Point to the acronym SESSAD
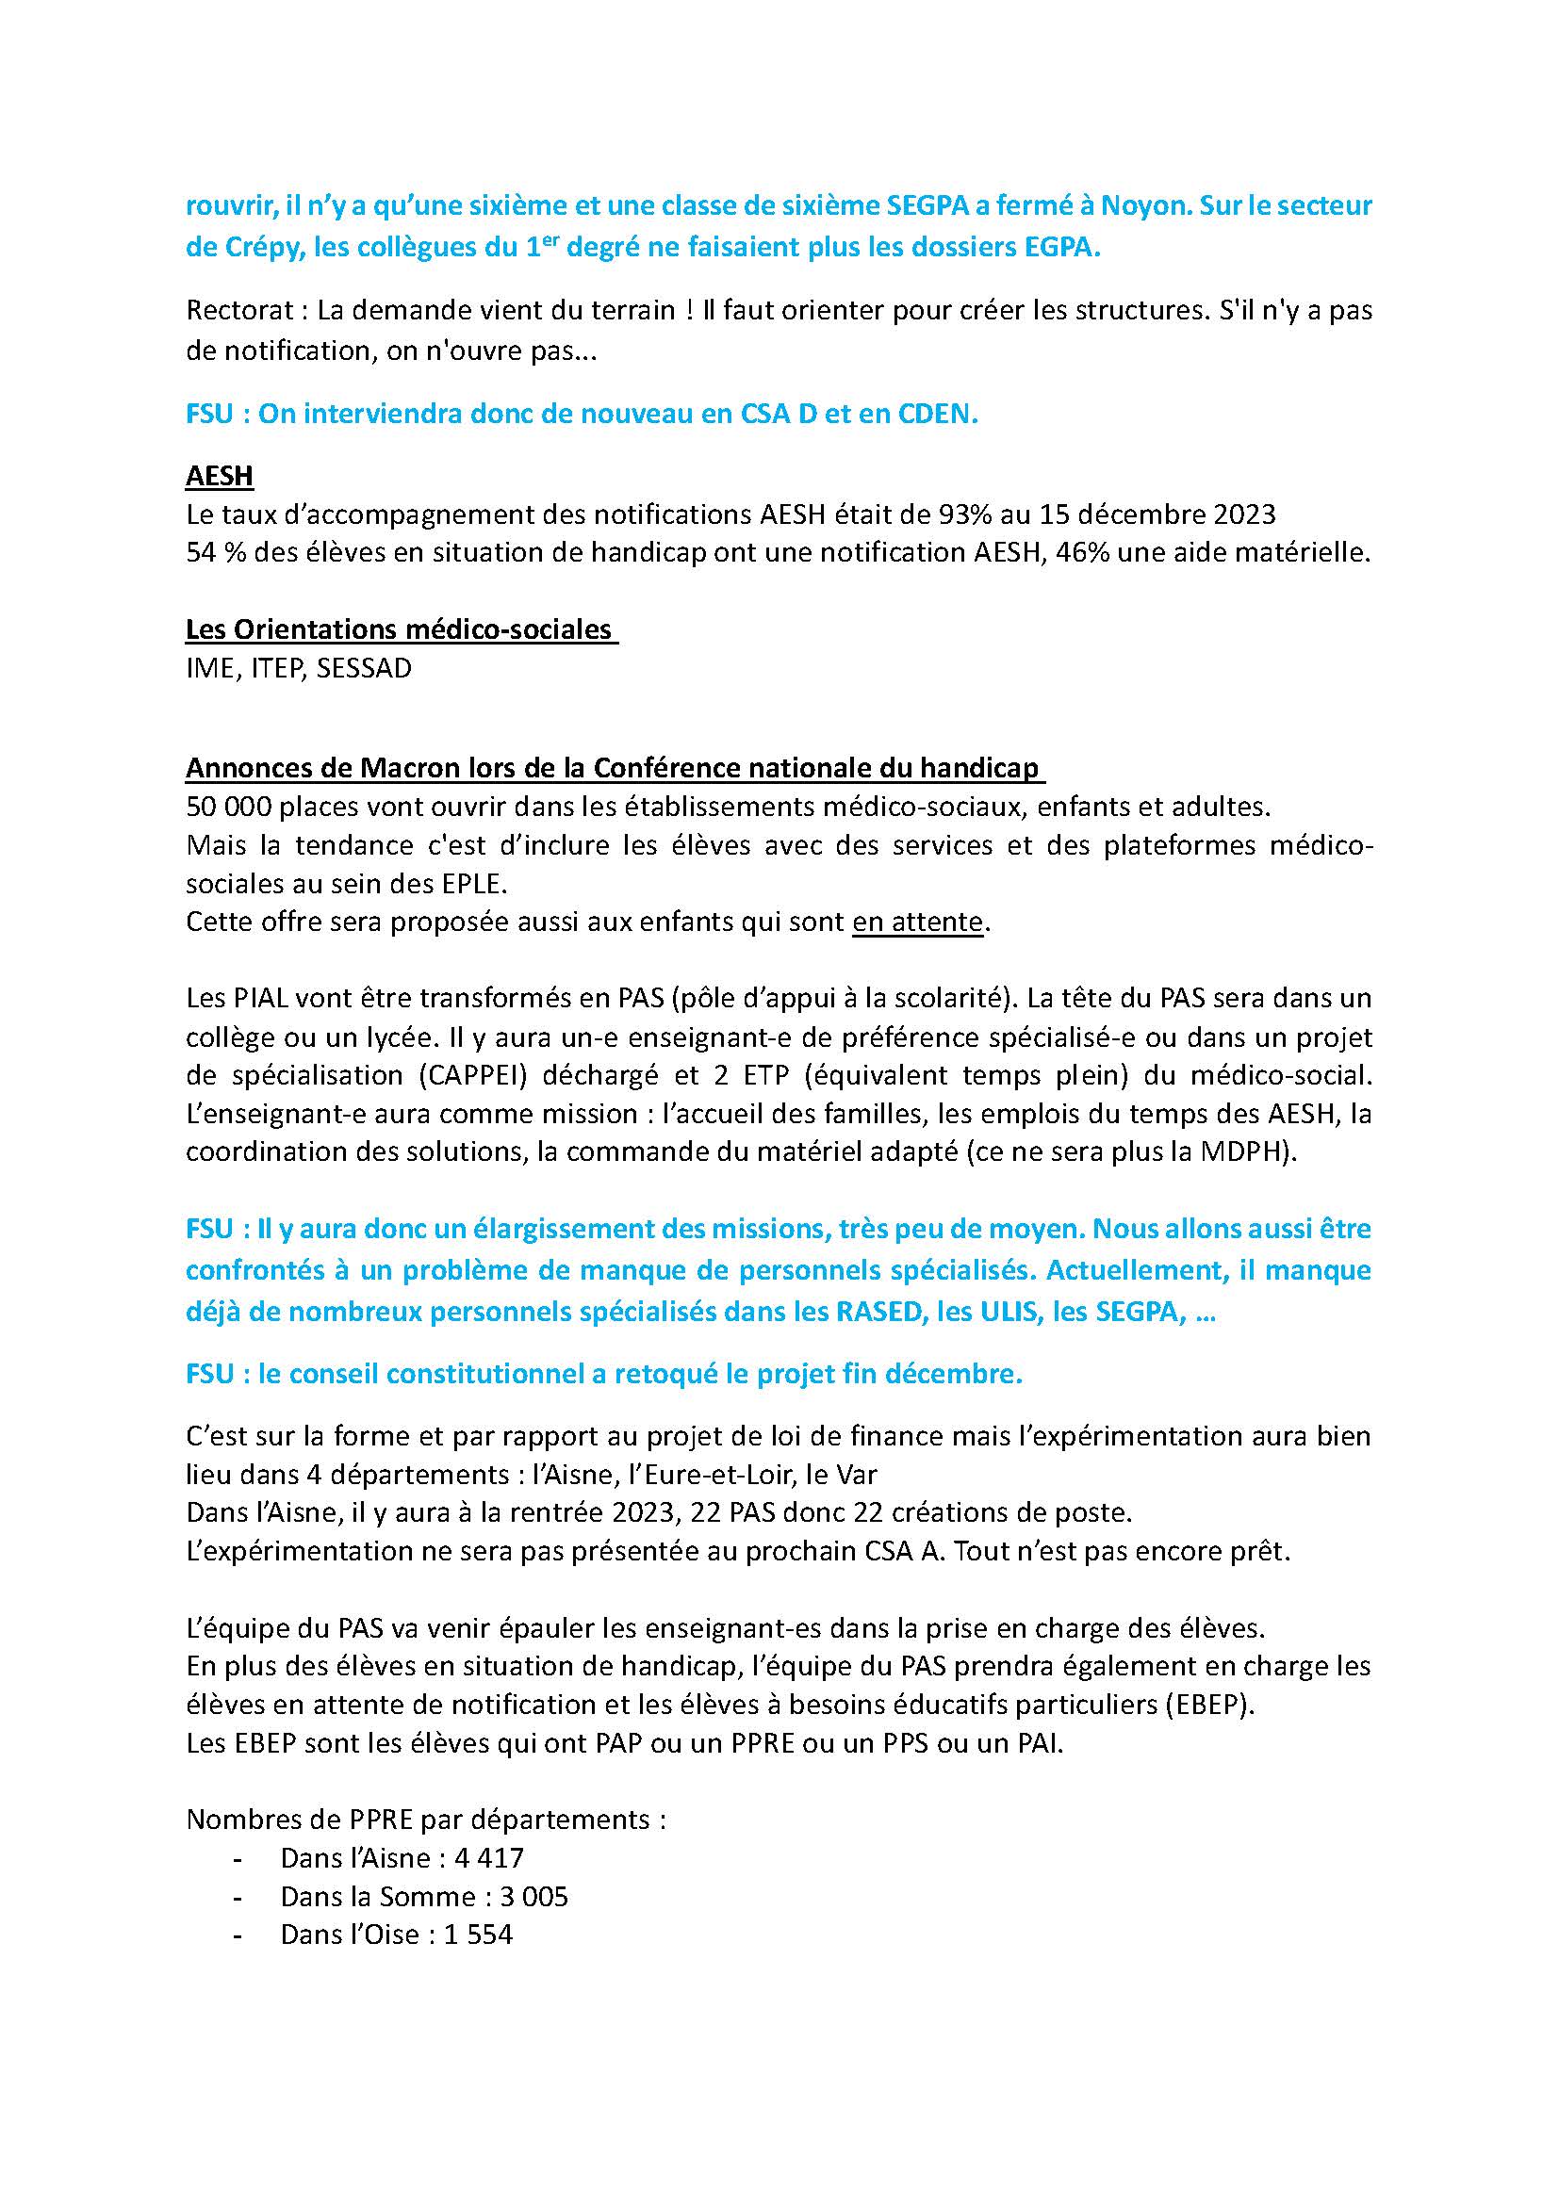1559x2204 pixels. tap(364, 668)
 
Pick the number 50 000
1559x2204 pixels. tap(225, 807)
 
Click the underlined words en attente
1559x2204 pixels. tap(918, 922)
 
